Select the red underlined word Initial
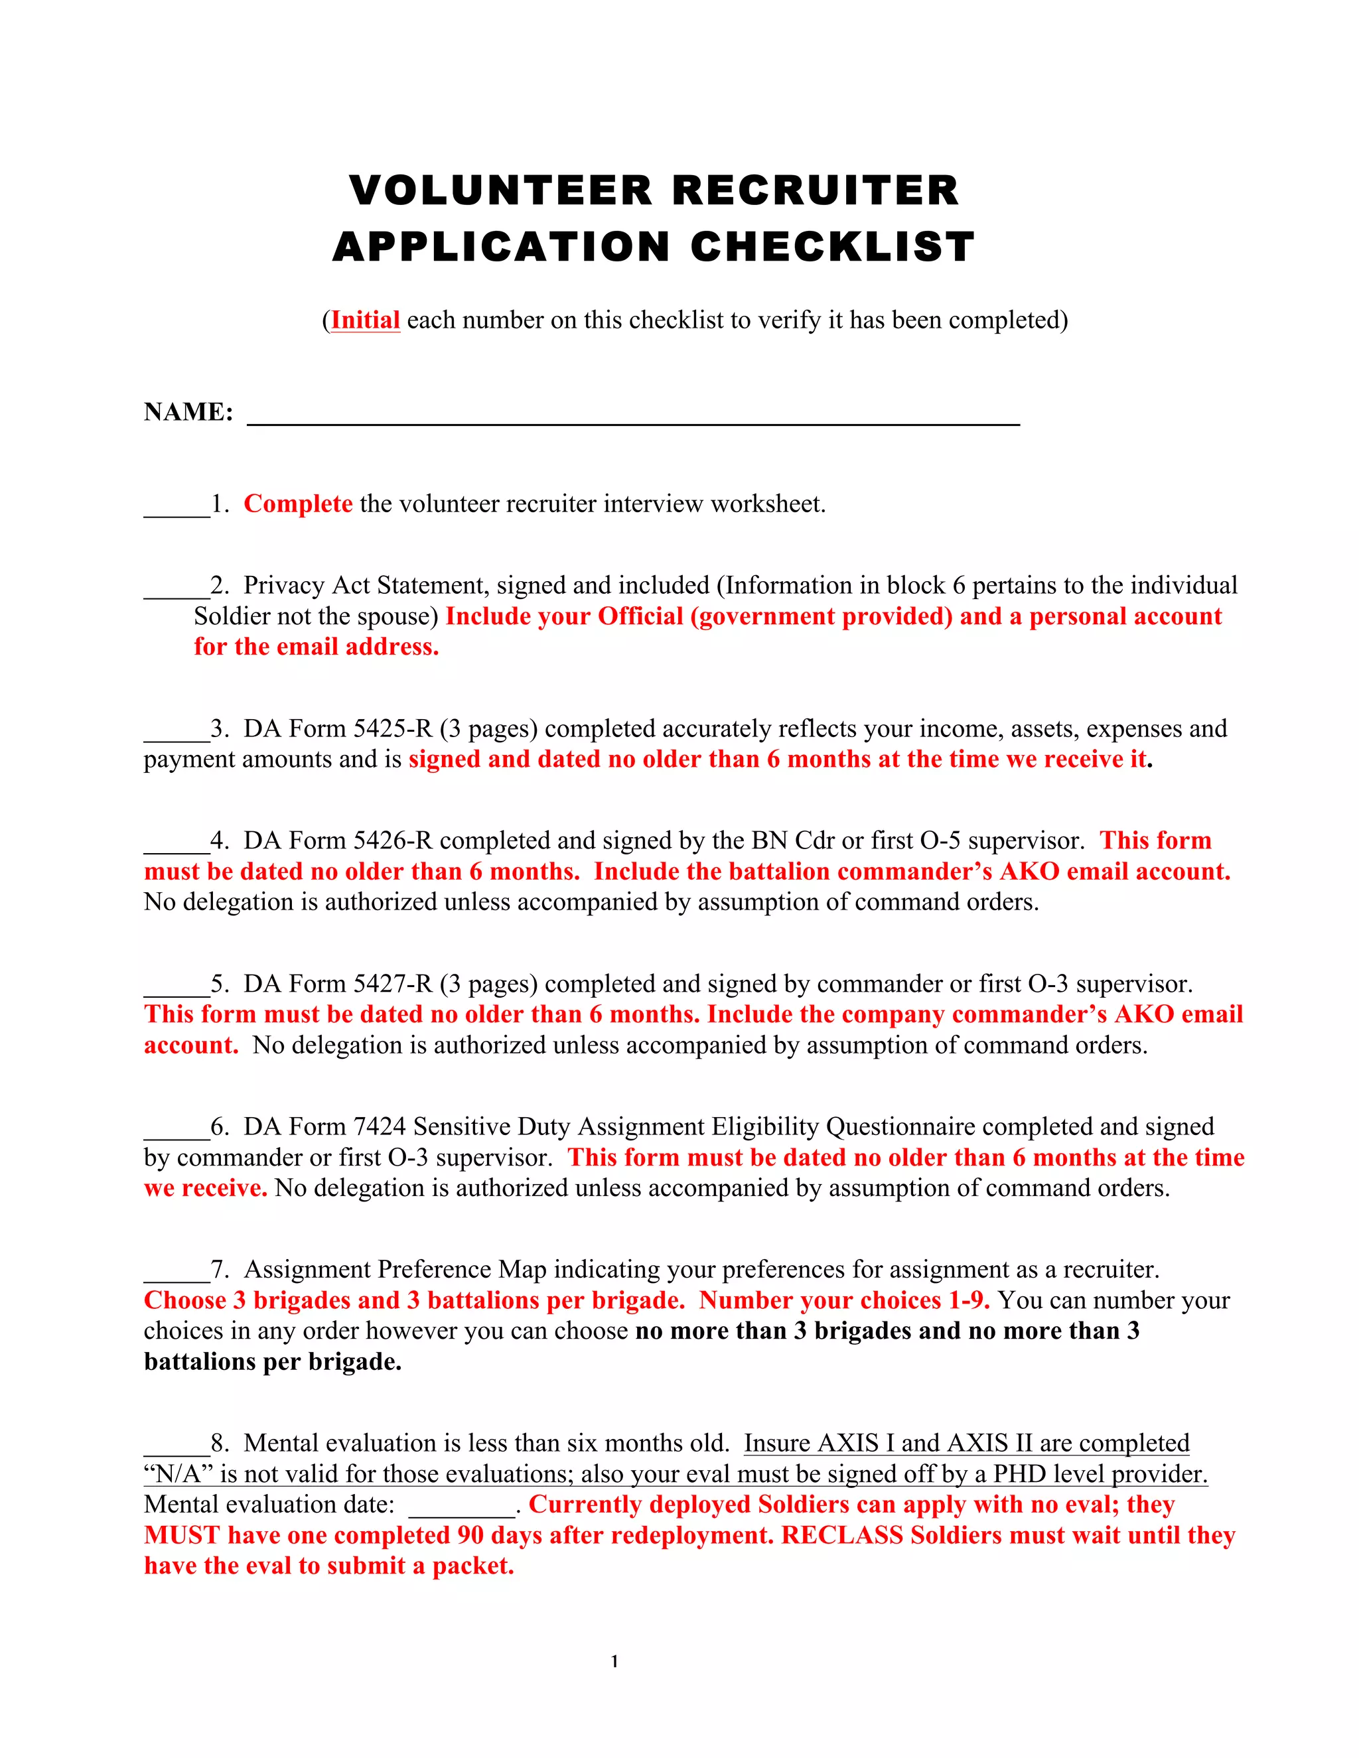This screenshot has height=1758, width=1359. tap(366, 320)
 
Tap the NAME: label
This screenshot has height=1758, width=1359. tap(188, 412)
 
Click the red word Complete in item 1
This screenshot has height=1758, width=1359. tap(298, 504)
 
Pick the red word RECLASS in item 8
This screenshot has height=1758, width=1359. tap(842, 1535)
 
